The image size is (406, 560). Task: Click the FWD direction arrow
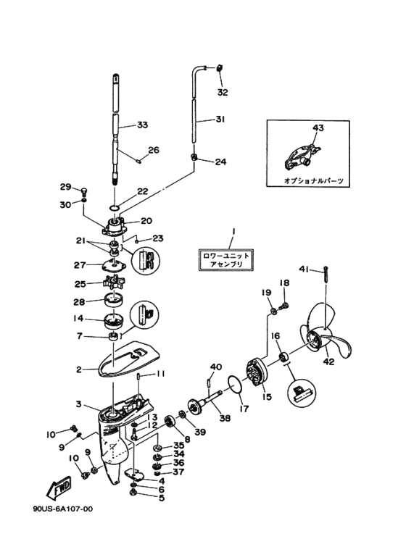pos(59,488)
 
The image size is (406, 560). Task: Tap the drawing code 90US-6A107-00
pos(63,509)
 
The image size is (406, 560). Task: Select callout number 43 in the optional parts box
pos(318,128)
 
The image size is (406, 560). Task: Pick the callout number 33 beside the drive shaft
pos(142,125)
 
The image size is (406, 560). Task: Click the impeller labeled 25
pos(113,283)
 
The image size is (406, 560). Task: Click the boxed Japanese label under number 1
pos(226,259)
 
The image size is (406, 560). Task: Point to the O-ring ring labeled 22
pos(114,208)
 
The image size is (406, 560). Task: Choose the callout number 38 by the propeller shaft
pos(225,417)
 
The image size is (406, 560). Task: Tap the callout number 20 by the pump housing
pos(146,221)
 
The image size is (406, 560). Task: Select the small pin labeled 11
pos(138,377)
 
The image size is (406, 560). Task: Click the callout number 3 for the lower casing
pos(78,404)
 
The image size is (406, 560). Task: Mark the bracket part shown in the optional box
pos(301,157)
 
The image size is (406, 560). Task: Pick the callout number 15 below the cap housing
pos(267,396)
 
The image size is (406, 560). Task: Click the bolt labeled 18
pos(284,306)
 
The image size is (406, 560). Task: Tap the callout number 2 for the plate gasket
pos(79,369)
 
